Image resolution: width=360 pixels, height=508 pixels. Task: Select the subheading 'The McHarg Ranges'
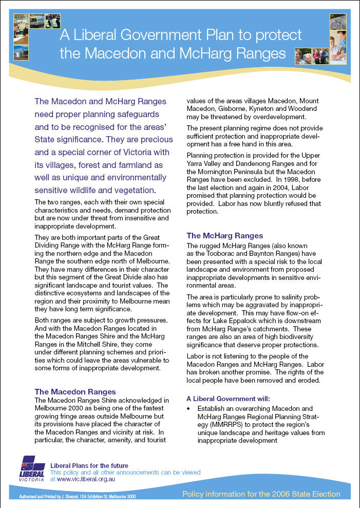(224, 235)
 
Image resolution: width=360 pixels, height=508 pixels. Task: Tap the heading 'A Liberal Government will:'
(229, 398)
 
